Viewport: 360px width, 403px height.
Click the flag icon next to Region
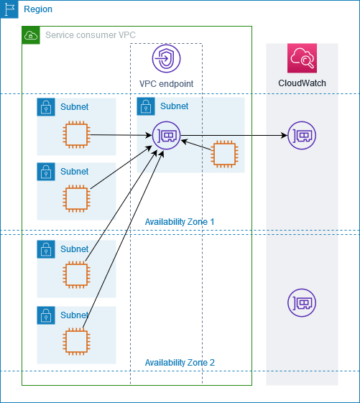[9, 9]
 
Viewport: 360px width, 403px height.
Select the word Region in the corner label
[38, 9]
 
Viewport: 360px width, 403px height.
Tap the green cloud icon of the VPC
[31, 35]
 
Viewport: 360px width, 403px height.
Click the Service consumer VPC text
[91, 35]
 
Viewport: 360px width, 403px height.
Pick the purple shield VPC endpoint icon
[166, 59]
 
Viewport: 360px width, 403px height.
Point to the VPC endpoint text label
[166, 83]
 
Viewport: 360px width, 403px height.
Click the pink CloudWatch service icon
[302, 59]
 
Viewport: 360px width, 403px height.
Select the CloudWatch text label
[302, 83]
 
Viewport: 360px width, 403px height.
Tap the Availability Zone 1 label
[180, 222]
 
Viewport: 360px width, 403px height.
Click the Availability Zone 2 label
[180, 363]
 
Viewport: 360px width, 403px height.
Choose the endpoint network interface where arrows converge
[166, 134]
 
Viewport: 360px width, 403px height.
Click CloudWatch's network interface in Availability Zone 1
[301, 135]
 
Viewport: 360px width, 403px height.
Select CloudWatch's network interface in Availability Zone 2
[301, 303]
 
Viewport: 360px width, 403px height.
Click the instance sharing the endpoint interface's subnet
[224, 153]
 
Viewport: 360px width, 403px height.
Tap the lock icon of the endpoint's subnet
[145, 107]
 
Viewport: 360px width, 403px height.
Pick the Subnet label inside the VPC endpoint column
[175, 106]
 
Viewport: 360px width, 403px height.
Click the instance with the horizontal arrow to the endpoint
[75, 134]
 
